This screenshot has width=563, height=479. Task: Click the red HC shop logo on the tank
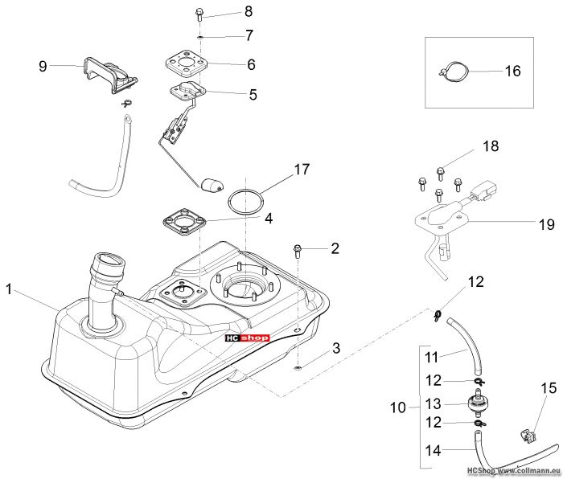247,338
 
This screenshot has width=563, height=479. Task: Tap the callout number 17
302,170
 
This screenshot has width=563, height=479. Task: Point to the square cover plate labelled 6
187,63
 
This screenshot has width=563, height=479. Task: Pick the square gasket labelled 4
183,221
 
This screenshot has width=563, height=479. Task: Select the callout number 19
546,224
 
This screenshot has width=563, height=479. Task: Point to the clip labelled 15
528,436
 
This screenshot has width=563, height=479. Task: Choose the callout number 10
398,407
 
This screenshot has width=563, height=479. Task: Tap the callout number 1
9,289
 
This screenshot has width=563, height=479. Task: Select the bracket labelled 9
110,76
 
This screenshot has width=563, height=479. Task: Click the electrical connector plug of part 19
482,191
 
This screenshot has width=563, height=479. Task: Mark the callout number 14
433,450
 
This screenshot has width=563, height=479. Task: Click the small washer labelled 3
297,367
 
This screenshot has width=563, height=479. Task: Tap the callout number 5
253,95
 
